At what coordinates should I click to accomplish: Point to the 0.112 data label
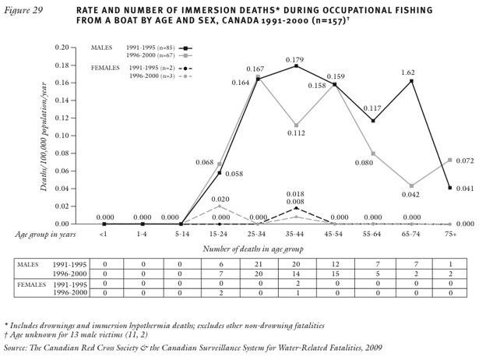point(293,133)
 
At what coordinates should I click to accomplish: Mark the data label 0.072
point(465,161)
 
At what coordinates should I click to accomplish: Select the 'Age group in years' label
point(48,233)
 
